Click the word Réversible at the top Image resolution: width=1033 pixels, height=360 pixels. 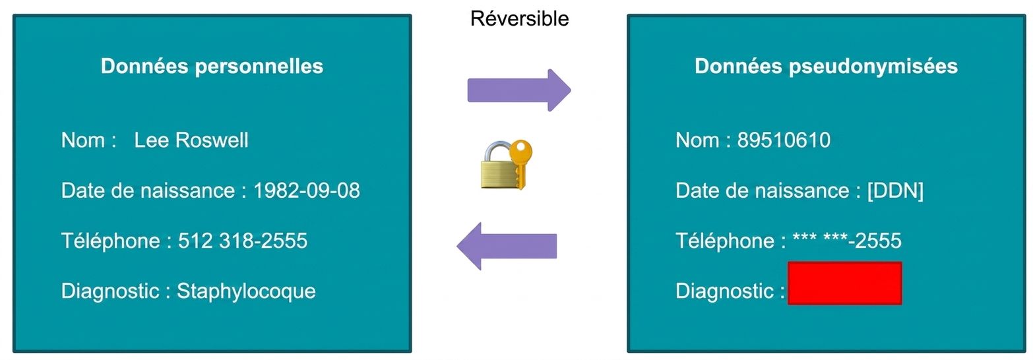click(519, 19)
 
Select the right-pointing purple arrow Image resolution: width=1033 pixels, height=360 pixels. click(519, 90)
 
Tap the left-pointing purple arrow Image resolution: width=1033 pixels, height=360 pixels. click(507, 246)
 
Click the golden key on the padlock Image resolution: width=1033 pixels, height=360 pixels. click(520, 162)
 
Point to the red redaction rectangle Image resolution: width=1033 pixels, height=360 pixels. click(845, 283)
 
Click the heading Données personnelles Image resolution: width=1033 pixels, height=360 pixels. click(212, 67)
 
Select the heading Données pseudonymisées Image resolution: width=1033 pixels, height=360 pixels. click(827, 67)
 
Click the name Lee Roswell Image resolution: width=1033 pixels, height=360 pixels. click(191, 140)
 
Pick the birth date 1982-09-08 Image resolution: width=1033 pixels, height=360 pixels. click(307, 191)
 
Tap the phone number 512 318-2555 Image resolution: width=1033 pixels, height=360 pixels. click(243, 241)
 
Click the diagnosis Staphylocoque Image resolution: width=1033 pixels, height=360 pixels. click(246, 291)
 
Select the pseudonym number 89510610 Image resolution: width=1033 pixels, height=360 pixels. click(784, 140)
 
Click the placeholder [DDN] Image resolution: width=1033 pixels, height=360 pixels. click(896, 191)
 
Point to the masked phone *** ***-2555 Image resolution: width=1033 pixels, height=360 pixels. click(847, 241)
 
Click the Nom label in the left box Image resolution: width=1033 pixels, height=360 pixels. click(83, 140)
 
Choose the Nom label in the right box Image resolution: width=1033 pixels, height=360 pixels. click(697, 140)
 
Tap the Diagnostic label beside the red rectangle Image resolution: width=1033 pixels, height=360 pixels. click(725, 291)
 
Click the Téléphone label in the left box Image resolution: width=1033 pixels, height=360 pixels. click(111, 241)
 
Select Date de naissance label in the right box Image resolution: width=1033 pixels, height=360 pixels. click(763, 191)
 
